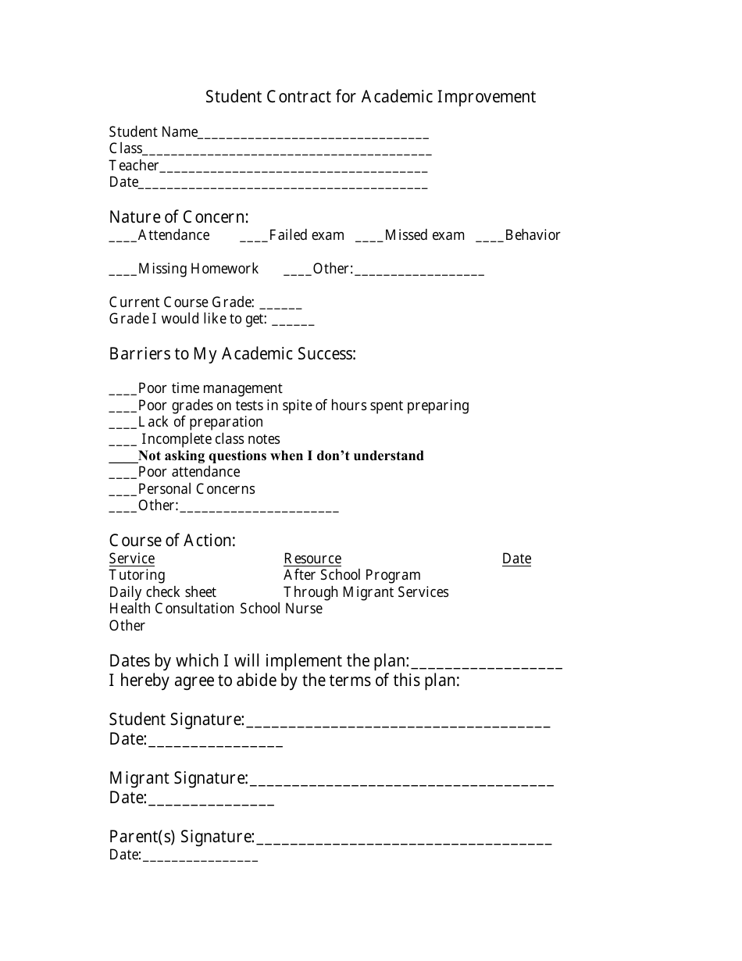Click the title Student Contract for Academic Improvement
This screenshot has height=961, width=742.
point(370,97)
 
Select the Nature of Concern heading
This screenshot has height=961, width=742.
point(179,217)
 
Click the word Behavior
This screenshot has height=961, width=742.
point(533,235)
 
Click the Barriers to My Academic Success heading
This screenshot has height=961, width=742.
point(232,354)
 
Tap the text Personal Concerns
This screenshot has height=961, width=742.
point(196,489)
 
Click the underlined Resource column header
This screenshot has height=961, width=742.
point(312,559)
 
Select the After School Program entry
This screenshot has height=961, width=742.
point(352,575)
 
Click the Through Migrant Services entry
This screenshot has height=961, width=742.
point(366,592)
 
